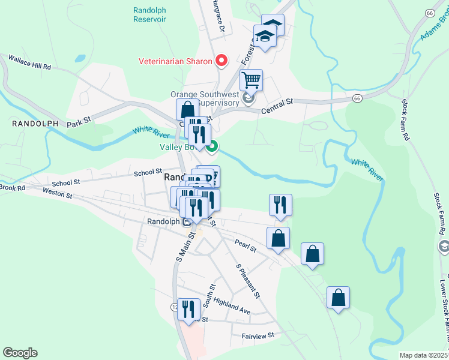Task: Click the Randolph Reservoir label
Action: click(149, 14)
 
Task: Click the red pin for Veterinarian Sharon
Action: click(221, 61)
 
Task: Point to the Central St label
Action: click(277, 106)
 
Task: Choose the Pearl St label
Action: click(246, 245)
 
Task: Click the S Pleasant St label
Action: click(247, 281)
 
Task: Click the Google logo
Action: click(20, 353)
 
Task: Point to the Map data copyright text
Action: click(423, 355)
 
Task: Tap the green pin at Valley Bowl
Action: click(212, 146)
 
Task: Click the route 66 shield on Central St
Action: click(357, 97)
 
